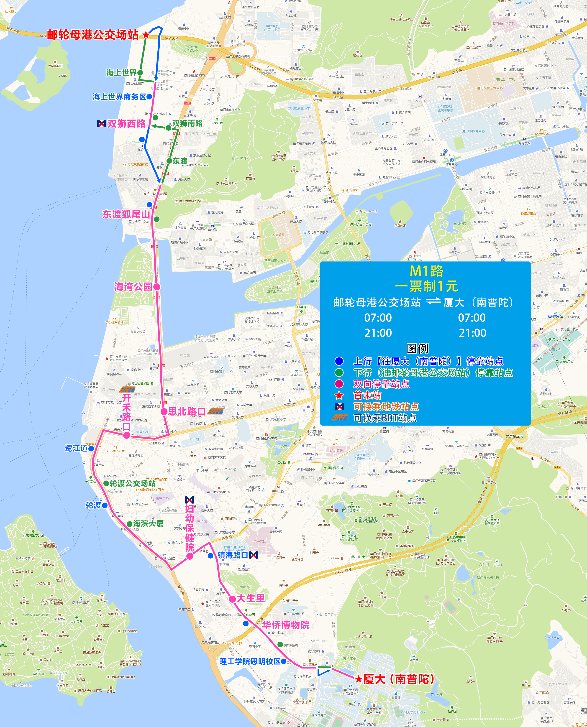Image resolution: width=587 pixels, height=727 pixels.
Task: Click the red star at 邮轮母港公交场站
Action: coord(146,34)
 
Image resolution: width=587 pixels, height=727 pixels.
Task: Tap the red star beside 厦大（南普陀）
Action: coord(359,679)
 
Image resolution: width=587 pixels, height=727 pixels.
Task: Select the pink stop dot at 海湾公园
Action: coord(156,287)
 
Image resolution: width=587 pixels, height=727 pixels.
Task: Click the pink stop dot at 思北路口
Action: coord(164,411)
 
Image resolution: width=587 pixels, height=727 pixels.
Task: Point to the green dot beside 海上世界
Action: coord(140,72)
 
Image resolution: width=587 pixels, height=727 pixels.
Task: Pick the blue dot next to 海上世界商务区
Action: coord(149,97)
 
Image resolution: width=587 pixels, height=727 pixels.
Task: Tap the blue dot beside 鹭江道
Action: coord(91,449)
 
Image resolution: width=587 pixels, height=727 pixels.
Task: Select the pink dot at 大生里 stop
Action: coord(232,599)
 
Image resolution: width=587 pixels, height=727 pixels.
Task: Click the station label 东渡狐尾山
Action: coord(126,214)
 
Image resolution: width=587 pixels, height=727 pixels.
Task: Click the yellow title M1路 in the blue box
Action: coord(426,271)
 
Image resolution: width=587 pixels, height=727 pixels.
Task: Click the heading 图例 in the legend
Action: coord(417,348)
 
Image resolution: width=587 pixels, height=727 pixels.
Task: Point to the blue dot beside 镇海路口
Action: coord(210,556)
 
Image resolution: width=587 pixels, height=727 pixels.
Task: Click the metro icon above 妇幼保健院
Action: coord(190,500)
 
